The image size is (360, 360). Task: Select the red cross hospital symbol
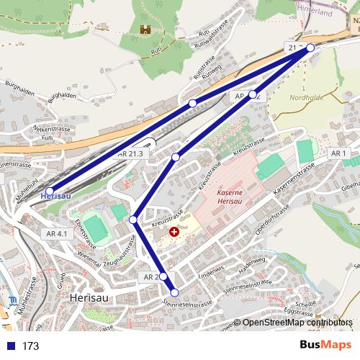(174, 233)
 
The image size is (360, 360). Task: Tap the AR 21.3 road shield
(130, 153)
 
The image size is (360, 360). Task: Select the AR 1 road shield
(338, 153)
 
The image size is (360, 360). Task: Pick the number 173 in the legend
(30, 346)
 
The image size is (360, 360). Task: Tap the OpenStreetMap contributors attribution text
(297, 323)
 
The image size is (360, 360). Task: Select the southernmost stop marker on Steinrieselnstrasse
(174, 292)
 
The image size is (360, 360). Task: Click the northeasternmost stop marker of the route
(310, 48)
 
